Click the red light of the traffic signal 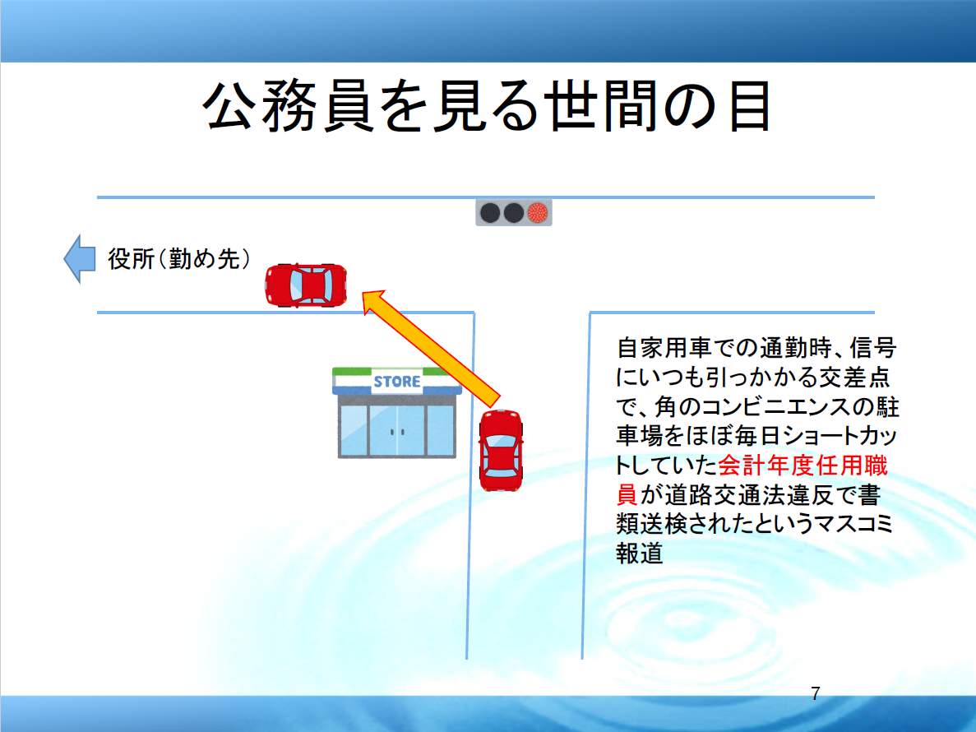pyautogui.click(x=537, y=213)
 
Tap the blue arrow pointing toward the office pyautogui.click(x=80, y=259)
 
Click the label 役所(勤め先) pyautogui.click(x=179, y=259)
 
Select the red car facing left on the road pyautogui.click(x=306, y=285)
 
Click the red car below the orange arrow pyautogui.click(x=501, y=450)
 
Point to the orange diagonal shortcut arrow pyautogui.click(x=432, y=350)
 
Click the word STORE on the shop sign pyautogui.click(x=397, y=382)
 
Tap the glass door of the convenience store pyautogui.click(x=397, y=431)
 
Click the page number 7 pyautogui.click(x=816, y=693)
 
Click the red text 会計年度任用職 pyautogui.click(x=803, y=466)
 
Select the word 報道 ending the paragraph pyautogui.click(x=639, y=554)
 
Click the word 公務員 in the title pyautogui.click(x=288, y=106)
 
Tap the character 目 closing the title pyautogui.click(x=751, y=106)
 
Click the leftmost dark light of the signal pyautogui.click(x=490, y=213)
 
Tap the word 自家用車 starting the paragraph pyautogui.click(x=664, y=348)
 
